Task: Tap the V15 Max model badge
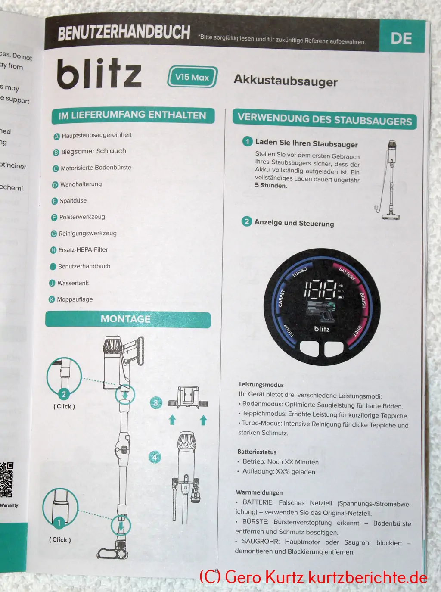coord(192,77)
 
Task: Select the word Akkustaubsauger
coord(286,81)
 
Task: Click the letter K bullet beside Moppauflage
coord(52,299)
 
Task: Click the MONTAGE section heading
coord(126,319)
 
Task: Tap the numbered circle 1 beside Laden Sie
coord(248,141)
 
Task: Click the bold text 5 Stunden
coord(271,186)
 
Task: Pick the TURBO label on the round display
coord(299,272)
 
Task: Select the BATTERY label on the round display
coord(347,274)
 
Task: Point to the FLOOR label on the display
coord(288,330)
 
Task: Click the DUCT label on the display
coord(358,331)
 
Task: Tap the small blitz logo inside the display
coord(322,329)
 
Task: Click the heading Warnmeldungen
coord(259,492)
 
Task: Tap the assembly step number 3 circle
coord(156,403)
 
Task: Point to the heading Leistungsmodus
coord(261,385)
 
